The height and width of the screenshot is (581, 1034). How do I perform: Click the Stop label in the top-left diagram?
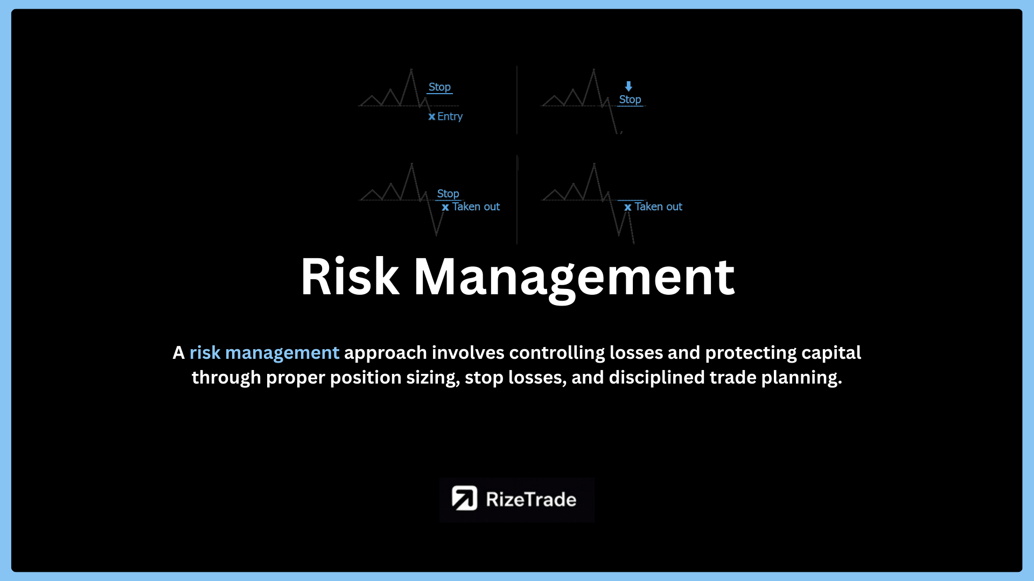point(439,87)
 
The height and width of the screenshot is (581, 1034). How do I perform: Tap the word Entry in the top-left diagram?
point(450,116)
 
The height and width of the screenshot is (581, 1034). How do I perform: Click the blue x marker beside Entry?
point(432,117)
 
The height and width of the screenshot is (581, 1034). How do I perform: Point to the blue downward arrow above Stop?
point(628,86)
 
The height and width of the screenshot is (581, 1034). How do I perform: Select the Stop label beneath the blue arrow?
point(630,100)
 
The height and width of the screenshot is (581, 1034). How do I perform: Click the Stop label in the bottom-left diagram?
point(448,194)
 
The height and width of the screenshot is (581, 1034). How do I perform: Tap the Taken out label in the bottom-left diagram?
point(476,207)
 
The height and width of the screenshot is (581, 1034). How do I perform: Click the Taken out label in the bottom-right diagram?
point(659,207)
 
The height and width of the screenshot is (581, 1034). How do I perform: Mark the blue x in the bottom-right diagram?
point(628,207)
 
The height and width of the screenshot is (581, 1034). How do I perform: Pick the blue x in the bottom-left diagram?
point(445,207)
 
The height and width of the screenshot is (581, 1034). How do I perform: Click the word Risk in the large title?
point(350,277)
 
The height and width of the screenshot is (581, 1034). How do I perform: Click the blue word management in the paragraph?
point(282,353)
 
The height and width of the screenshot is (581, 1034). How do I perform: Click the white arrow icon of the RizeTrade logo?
point(464,498)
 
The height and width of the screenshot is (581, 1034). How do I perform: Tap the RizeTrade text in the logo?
point(531,499)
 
